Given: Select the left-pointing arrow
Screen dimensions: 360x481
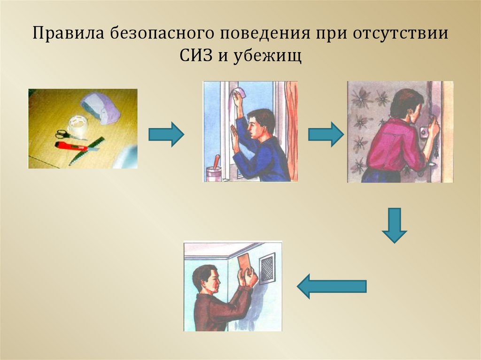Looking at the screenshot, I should click(332, 286).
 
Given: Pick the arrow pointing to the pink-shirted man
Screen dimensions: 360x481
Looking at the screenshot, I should click(326, 134).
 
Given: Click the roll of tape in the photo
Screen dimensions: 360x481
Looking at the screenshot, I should click(78, 126).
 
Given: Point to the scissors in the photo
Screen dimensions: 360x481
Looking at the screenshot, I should click(66, 135).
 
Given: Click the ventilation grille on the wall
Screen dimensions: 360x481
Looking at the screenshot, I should click(267, 268).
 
